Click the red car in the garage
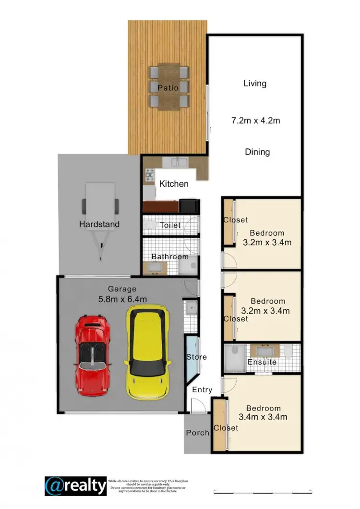93,356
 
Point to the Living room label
255,84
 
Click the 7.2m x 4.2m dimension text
255,121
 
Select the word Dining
257,152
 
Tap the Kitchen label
174,184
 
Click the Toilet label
170,225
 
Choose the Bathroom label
170,256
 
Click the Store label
197,357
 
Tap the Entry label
202,389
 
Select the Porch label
197,433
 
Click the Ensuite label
262,362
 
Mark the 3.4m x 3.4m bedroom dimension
263,417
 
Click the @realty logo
75,486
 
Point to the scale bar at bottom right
263,491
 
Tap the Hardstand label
99,224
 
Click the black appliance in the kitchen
189,206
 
